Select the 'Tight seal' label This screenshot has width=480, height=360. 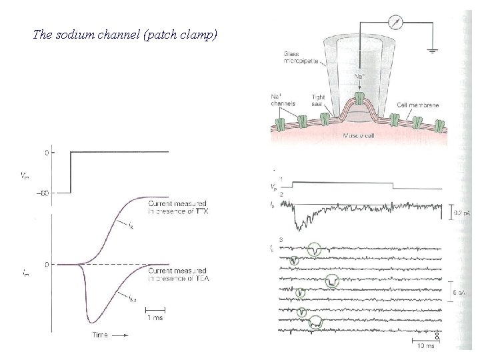coord(319,101)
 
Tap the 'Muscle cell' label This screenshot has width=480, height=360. coord(357,136)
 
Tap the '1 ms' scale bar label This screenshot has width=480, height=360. coord(156,318)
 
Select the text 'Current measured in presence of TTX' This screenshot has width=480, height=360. coord(177,207)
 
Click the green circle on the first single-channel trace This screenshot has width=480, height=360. coord(315,249)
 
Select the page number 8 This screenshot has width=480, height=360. coord(437,336)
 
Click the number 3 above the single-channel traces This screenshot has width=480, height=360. coord(282,239)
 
